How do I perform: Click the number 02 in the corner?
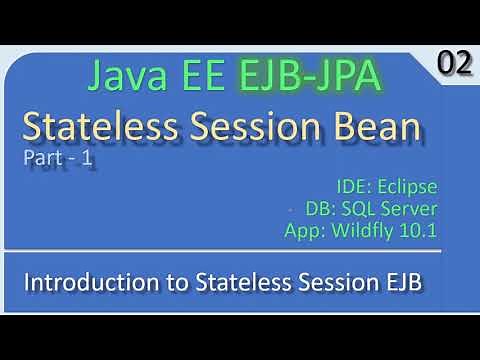pyautogui.click(x=454, y=64)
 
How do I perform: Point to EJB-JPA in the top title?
pyautogui.click(x=315, y=76)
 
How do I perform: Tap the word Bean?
pyautogui.click(x=380, y=127)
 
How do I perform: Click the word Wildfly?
pyautogui.click(x=365, y=231)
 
